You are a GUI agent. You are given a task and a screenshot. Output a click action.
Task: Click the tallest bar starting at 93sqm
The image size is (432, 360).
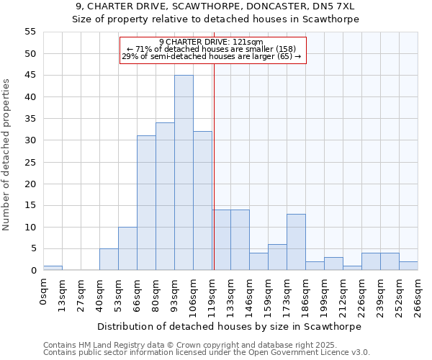[x=184, y=173]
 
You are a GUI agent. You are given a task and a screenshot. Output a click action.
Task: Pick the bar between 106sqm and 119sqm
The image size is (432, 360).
[x=202, y=201]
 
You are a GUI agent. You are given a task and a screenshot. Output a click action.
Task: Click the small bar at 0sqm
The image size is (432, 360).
[x=53, y=268]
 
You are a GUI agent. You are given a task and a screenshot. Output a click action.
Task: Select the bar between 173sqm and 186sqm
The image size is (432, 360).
[x=296, y=242]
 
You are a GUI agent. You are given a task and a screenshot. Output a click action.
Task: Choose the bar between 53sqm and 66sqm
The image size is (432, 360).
[x=127, y=248]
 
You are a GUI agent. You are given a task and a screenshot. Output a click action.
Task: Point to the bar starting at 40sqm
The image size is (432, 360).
[x=109, y=259]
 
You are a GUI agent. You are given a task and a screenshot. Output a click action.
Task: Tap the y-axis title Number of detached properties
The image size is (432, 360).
[x=7, y=155]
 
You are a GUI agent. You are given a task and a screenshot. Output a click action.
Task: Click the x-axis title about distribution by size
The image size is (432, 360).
[x=230, y=326]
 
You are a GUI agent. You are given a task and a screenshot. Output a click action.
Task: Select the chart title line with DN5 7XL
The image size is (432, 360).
[x=216, y=6]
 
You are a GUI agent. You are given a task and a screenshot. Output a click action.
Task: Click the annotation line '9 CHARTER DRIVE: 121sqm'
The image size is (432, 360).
[x=211, y=42]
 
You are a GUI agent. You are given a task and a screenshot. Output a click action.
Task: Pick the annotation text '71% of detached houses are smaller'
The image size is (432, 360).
[x=212, y=49]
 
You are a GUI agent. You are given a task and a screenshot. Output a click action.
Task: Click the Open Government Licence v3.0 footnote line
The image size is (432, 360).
[x=207, y=353]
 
